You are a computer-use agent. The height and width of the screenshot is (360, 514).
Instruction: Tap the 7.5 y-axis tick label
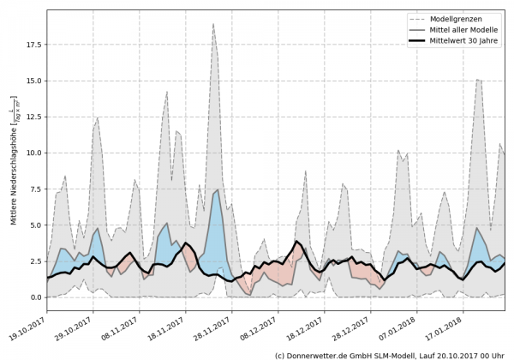(33, 189)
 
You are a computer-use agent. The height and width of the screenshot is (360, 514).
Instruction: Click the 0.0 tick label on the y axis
(33, 297)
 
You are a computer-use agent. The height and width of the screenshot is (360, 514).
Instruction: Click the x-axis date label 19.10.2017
(29, 324)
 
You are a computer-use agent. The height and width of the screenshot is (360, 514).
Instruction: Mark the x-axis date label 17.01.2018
(449, 324)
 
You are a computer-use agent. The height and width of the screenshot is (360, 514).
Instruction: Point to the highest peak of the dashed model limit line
(213, 24)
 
